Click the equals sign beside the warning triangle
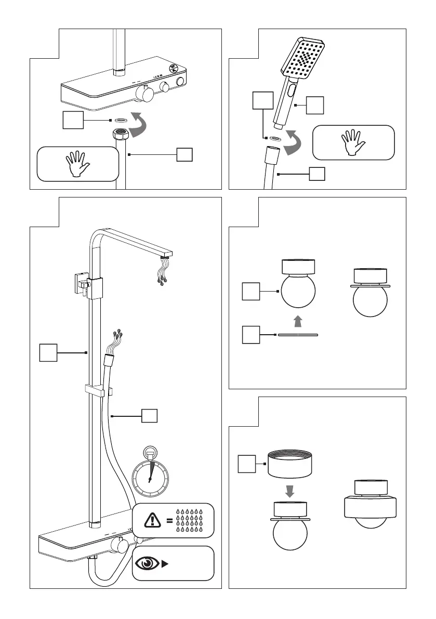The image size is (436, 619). pyautogui.click(x=169, y=520)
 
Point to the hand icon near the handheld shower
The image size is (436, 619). pyautogui.click(x=353, y=142)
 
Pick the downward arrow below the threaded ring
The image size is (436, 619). pyautogui.click(x=290, y=491)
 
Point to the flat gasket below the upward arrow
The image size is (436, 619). pyautogui.click(x=298, y=335)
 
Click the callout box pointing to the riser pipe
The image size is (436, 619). pyautogui.click(x=48, y=353)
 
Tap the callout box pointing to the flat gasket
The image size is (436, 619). pyautogui.click(x=251, y=335)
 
